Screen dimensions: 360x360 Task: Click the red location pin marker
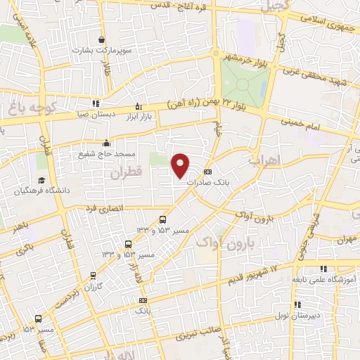(181, 166)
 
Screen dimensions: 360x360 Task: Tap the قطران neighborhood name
(124, 171)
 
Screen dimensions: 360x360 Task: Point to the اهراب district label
(264, 160)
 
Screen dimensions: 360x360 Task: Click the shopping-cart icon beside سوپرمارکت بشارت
(103, 40)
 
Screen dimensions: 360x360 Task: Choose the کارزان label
(94, 288)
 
